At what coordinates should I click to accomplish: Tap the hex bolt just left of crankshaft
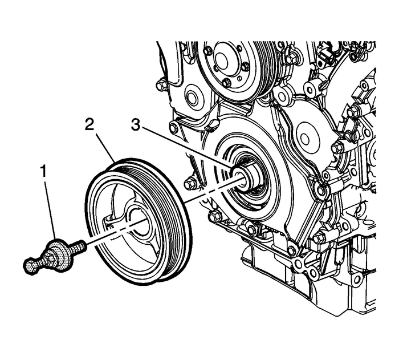pos(190,184)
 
